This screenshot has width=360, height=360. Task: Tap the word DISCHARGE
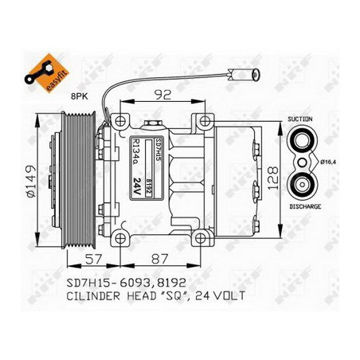click(306, 206)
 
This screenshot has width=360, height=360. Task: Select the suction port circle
click(303, 142)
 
